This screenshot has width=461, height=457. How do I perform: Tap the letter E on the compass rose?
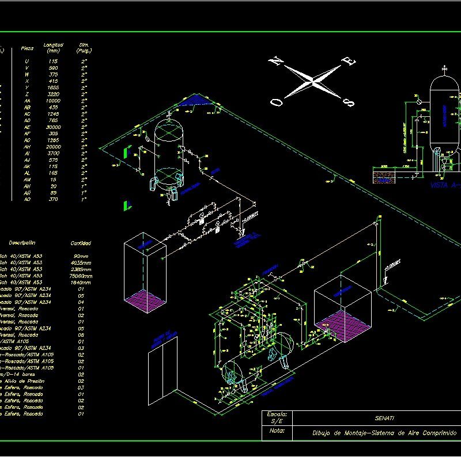click(350, 62)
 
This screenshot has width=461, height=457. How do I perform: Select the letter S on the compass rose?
click(349, 102)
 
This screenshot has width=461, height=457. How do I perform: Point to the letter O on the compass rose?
click(278, 102)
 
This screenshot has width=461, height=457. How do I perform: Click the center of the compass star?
click(313, 82)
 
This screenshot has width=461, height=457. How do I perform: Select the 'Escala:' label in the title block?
click(277, 414)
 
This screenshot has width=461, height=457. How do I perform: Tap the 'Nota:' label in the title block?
click(277, 430)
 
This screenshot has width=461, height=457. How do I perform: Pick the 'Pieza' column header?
click(27, 48)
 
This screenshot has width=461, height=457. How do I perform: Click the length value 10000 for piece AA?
click(53, 101)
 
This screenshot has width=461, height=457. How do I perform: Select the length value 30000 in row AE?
click(53, 127)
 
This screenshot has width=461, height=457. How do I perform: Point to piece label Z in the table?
click(27, 94)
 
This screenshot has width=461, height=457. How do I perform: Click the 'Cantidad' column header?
click(80, 243)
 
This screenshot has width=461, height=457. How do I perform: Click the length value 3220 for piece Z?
click(53, 94)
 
